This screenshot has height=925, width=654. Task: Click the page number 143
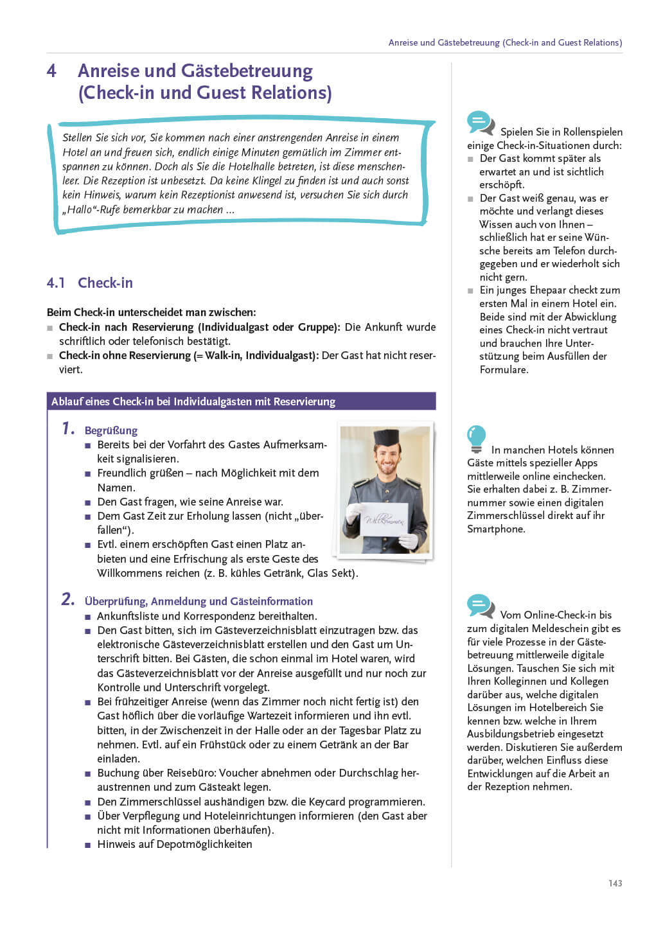tap(615, 883)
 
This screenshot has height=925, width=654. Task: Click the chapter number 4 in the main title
tap(51, 71)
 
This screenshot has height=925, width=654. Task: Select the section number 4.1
tap(56, 283)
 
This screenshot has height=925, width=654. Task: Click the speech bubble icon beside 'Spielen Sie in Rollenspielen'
tap(481, 123)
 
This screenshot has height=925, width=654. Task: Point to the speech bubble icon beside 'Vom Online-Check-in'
tap(481, 606)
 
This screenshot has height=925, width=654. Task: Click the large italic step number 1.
tap(68, 428)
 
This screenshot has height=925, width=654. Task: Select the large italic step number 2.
tap(68, 599)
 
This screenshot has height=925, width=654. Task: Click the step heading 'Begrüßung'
tap(111, 430)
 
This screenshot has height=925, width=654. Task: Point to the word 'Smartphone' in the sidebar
tap(496, 529)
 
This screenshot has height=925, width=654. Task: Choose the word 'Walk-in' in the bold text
tap(222, 355)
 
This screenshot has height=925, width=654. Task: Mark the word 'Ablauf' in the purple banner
tap(66, 401)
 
